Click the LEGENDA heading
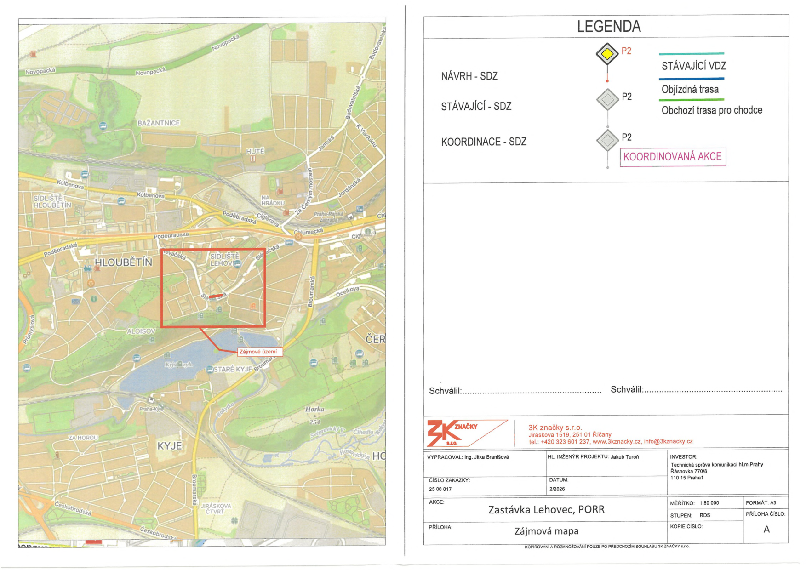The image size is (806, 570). (x=608, y=27)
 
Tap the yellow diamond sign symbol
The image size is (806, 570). (x=607, y=54)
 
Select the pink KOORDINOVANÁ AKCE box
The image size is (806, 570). (x=672, y=157)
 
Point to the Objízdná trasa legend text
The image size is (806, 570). (x=690, y=89)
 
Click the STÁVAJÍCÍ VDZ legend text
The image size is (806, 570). (x=693, y=66)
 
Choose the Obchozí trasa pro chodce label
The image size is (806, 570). (x=711, y=110)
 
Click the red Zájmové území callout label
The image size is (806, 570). (x=258, y=352)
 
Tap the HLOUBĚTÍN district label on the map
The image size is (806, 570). (x=123, y=262)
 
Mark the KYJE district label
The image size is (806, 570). (x=170, y=446)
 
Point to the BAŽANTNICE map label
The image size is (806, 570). (x=159, y=123)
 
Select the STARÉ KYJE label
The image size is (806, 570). (x=233, y=369)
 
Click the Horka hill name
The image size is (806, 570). (x=314, y=409)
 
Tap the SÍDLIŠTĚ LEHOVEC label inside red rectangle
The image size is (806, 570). (x=224, y=260)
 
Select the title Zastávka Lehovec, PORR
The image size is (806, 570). (x=546, y=509)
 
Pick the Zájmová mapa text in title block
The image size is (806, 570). (x=546, y=531)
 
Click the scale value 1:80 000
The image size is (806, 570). (x=709, y=503)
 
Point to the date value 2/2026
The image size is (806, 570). (x=557, y=489)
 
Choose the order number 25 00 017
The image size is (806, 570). (x=440, y=489)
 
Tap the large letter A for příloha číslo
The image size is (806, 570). (x=766, y=530)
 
